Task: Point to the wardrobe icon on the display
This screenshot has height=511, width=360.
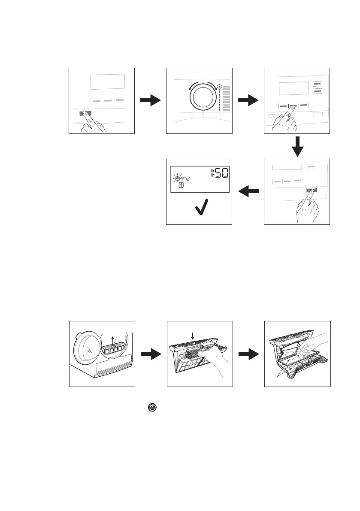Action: [182, 185]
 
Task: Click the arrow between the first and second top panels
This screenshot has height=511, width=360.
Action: [150, 101]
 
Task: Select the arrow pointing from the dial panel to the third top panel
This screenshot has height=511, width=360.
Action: [248, 101]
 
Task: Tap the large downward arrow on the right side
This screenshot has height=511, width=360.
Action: [297, 147]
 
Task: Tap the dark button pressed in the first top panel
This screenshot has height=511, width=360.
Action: [85, 114]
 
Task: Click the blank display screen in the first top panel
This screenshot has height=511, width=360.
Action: [107, 82]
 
